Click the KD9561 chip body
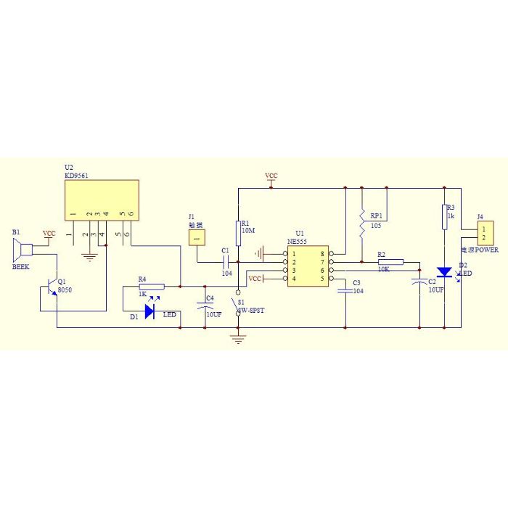tap(102, 200)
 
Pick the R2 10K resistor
tap(390, 263)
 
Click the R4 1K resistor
tap(152, 287)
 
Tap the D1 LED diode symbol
tap(149, 311)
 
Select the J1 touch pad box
tap(197, 237)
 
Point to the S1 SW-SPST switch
tap(238, 305)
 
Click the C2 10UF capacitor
tap(419, 281)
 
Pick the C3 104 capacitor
tap(345, 290)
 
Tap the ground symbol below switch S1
tap(238, 338)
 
